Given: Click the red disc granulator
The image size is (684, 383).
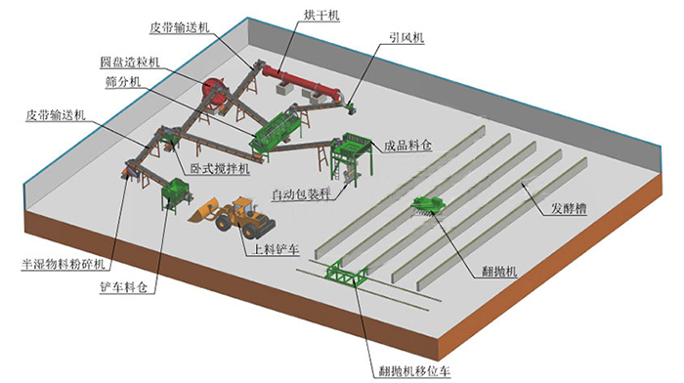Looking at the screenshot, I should [213, 89].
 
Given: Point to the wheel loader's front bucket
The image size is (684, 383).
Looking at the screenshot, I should [207, 211].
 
